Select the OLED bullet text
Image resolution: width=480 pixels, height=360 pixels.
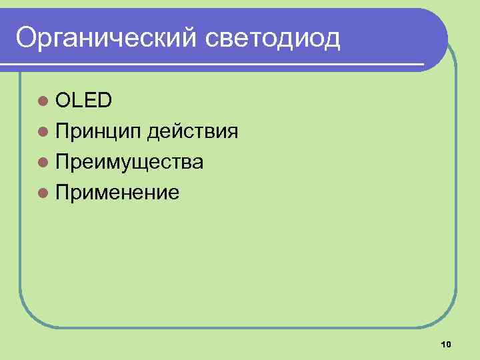[84, 100]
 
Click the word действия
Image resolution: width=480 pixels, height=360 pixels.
[193, 131]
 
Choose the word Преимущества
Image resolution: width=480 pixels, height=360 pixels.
[130, 162]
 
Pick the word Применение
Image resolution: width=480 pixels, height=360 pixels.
[117, 193]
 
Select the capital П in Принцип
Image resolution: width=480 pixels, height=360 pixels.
[63, 131]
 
